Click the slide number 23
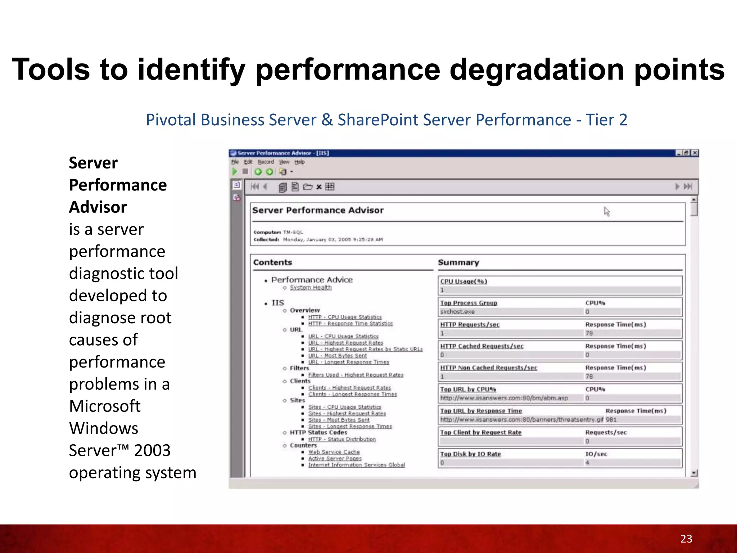click(x=686, y=539)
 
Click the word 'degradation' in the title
click(x=537, y=69)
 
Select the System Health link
click(x=311, y=288)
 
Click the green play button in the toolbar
click(x=235, y=172)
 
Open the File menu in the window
click(x=235, y=162)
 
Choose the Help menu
click(x=299, y=162)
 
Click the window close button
click(x=695, y=153)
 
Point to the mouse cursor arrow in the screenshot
click(x=607, y=211)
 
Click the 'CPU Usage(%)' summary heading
click(x=464, y=282)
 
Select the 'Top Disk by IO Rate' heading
click(x=470, y=454)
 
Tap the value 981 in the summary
click(x=611, y=419)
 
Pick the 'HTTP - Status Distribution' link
click(x=342, y=439)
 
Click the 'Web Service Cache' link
click(x=334, y=452)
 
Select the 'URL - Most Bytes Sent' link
click(x=337, y=356)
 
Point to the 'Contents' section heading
click(x=272, y=262)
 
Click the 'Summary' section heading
click(x=458, y=262)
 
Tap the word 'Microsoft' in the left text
click(x=105, y=406)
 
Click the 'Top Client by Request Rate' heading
click(x=481, y=432)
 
